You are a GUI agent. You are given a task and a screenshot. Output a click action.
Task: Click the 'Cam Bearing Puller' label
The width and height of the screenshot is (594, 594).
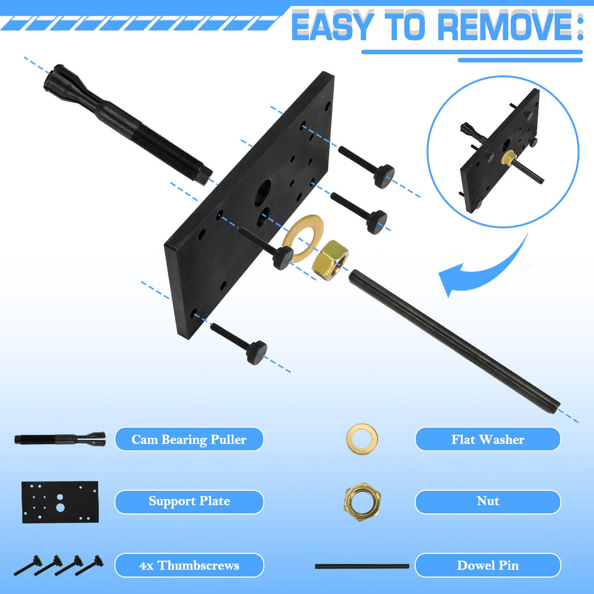point(189,439)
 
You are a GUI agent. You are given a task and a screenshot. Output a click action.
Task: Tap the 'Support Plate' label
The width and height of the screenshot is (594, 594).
point(189,501)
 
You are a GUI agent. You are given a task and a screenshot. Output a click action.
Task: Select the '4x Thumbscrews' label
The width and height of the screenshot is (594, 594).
point(189,565)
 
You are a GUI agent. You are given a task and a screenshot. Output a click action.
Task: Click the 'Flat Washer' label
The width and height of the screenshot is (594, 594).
point(487,439)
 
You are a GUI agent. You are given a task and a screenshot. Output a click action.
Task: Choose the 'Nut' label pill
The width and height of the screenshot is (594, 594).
point(487,501)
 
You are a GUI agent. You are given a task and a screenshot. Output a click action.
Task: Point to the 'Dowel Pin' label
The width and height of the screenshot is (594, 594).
point(487,565)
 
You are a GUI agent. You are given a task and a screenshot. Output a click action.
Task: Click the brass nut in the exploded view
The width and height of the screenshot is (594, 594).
point(330,260)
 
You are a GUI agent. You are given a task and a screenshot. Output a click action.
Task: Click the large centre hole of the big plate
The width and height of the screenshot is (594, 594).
point(263,193)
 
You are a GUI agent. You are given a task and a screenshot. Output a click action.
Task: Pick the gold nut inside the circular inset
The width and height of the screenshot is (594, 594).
point(509,157)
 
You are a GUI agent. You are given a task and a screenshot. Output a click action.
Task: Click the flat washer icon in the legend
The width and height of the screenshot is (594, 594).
point(362,439)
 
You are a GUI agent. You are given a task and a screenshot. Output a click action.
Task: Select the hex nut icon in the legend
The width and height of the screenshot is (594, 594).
point(362,501)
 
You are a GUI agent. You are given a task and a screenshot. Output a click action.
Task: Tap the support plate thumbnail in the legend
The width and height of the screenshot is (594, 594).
point(60,502)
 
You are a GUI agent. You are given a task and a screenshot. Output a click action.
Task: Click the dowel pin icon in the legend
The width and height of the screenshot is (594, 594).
point(362,566)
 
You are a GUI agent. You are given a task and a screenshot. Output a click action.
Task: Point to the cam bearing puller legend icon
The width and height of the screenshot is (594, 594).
point(60,439)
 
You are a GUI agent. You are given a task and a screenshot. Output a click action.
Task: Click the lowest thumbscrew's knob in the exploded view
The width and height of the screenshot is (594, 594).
point(257,352)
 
